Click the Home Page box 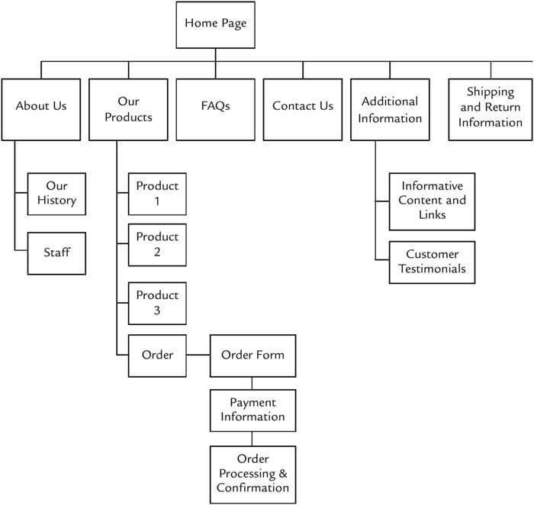[216, 25]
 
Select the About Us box [41, 110]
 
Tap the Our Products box [128, 110]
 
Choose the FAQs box [216, 110]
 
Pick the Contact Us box [303, 110]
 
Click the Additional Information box [390, 110]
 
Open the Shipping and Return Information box [491, 110]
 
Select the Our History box [56, 194]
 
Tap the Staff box [56, 253]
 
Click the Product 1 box [157, 194]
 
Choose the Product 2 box [157, 245]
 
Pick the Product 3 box [157, 304]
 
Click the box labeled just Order [157, 355]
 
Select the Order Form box [253, 355]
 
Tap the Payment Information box [253, 410]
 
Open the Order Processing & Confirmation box [253, 474]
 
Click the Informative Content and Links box [433, 201]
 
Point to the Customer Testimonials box [433, 262]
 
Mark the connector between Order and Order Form [198, 355]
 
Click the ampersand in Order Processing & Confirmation [283, 473]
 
